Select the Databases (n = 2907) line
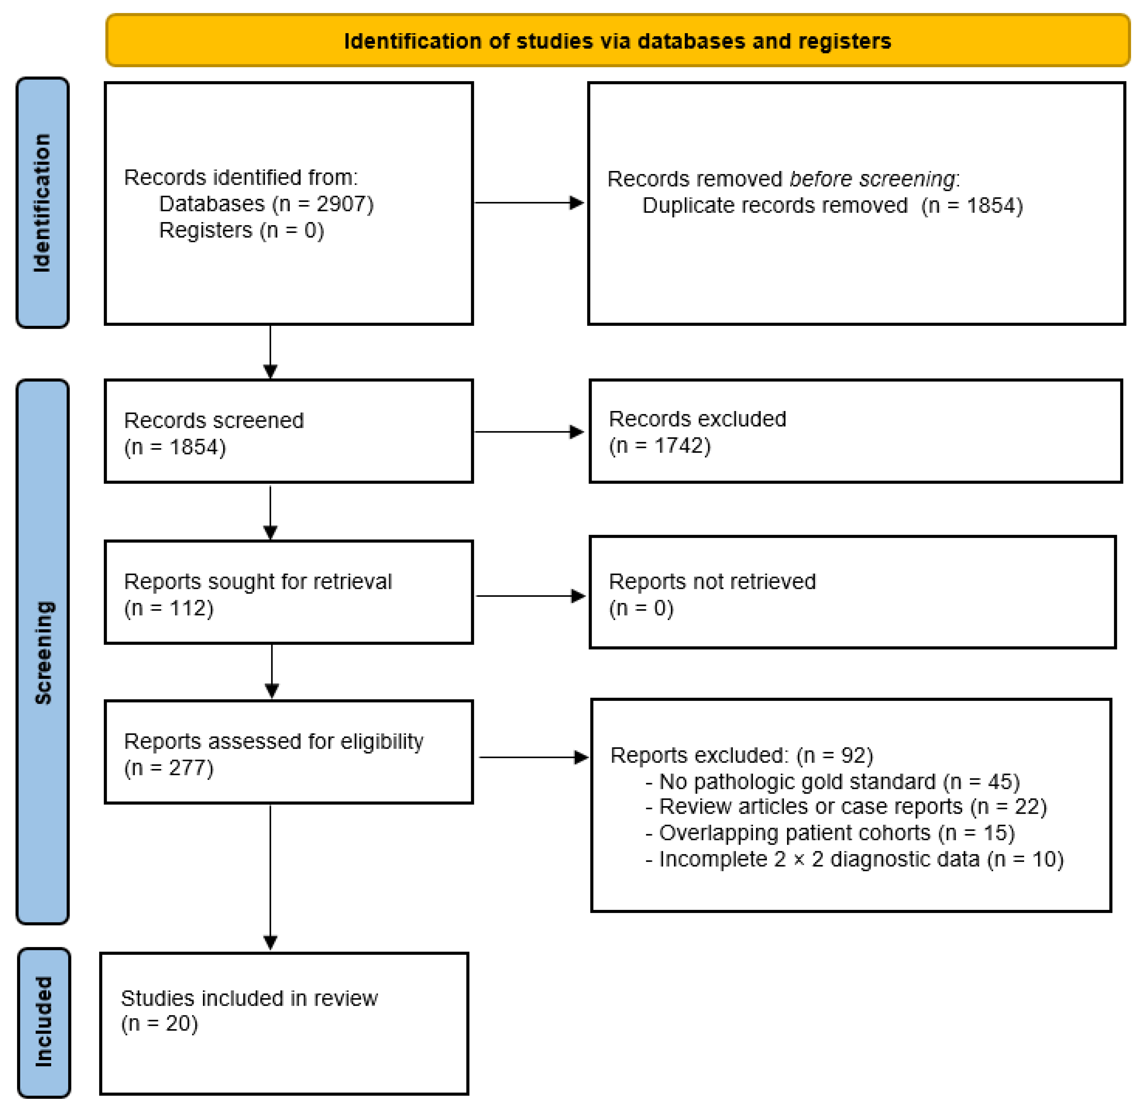point(266,204)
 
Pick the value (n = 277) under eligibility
point(169,768)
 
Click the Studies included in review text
point(249,998)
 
